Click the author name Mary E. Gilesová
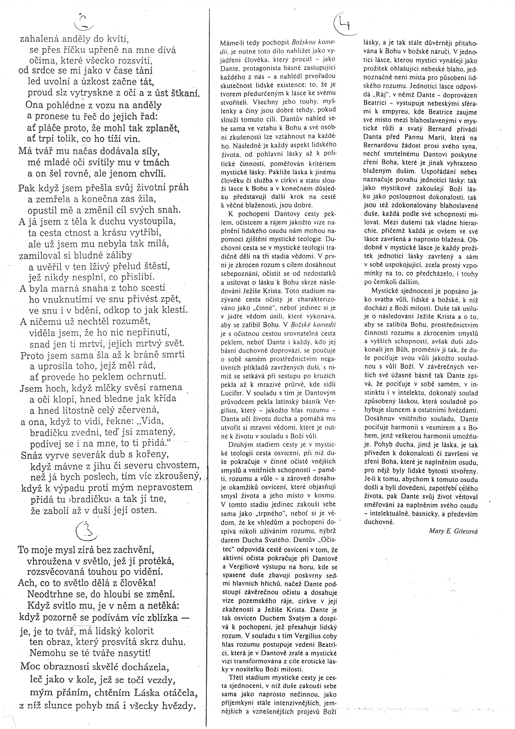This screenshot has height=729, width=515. coord(453,531)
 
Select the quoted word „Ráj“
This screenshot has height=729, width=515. coord(376,95)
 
